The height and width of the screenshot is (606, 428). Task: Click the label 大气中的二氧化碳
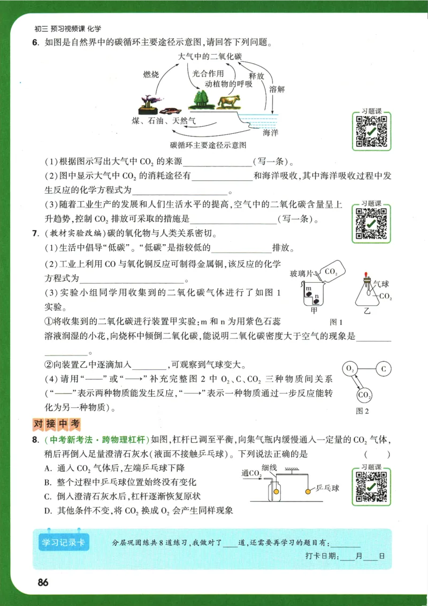[x=209, y=56]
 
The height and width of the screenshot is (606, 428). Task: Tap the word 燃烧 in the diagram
[x=151, y=75]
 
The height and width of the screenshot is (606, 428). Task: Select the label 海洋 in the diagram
[x=270, y=132]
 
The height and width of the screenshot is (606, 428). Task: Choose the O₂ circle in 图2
[x=350, y=369]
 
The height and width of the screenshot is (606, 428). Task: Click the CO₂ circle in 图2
[x=364, y=395]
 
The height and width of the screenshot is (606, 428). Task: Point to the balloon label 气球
[x=380, y=286]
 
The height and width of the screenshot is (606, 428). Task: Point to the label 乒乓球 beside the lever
[x=327, y=488]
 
